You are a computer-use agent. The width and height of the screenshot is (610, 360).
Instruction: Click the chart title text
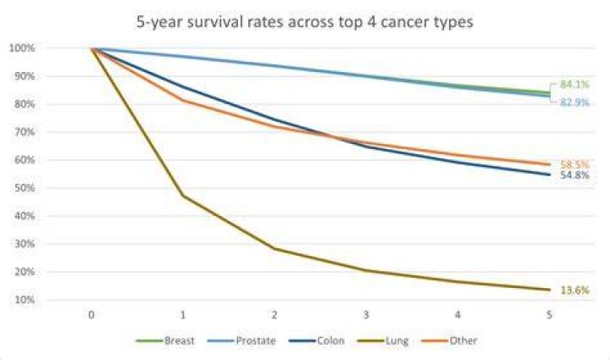305,22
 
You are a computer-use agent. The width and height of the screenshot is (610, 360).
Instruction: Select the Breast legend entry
165,341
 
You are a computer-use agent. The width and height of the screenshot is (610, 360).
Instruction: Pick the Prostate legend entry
241,341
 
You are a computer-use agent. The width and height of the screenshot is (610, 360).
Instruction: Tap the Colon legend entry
317,341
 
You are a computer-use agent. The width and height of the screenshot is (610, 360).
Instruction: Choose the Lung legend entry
383,341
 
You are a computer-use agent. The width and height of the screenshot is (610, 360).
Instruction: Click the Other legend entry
449,341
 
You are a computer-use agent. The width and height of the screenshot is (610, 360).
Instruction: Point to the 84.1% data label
574,85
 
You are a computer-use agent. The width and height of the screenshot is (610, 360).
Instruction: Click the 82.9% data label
574,102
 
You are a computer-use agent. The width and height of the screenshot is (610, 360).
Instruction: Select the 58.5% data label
574,164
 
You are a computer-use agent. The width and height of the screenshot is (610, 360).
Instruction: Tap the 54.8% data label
574,175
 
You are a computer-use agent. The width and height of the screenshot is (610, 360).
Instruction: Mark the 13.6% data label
574,290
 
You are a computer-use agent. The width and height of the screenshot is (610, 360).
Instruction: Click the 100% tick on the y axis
22,48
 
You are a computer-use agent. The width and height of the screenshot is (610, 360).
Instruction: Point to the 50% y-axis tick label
25,188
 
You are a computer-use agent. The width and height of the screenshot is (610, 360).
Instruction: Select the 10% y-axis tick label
25,300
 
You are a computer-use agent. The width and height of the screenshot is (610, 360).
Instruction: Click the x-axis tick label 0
91,315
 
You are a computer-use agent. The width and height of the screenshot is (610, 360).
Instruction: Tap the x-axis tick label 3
366,315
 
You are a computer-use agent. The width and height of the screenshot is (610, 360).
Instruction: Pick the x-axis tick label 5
549,315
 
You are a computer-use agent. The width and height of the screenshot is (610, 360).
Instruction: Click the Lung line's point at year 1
183,196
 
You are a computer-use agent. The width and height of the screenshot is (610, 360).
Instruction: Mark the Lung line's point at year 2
274,248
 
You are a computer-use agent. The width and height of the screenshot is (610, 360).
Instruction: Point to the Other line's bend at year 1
183,100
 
